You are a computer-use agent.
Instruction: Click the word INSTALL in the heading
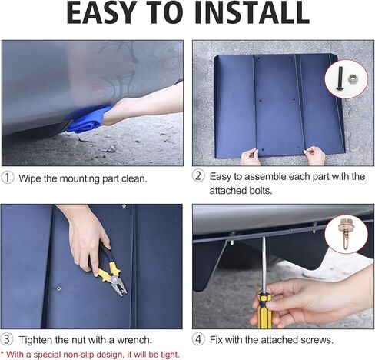point(252,13)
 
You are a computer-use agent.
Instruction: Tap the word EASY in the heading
point(102,13)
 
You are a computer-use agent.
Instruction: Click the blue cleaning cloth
point(89,119)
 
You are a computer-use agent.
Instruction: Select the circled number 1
point(8,178)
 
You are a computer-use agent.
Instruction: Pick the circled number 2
point(198,176)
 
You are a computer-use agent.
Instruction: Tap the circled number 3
point(7,339)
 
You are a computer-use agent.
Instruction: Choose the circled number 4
point(198,339)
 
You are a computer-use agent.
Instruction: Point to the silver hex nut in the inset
point(353,78)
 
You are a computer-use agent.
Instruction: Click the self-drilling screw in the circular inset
point(344,233)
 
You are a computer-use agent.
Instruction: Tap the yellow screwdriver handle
point(264,311)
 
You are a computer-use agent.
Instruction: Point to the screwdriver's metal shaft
point(264,265)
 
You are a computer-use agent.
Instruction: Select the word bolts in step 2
point(260,191)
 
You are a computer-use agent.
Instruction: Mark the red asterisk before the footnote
point(2,353)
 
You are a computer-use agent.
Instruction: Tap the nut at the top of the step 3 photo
point(124,206)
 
